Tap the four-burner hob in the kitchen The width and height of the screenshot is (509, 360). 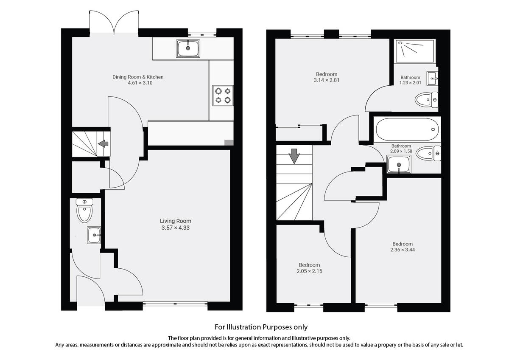(223, 96)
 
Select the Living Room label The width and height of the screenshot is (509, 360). (175, 221)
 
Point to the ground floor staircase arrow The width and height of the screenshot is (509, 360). (103, 144)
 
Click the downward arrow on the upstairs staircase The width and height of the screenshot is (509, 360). (294, 156)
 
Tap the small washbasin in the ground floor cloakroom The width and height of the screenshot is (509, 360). (94, 235)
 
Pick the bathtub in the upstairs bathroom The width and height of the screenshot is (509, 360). (406, 127)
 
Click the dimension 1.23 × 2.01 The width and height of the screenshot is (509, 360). (411, 83)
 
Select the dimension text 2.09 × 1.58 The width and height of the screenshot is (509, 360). (401, 151)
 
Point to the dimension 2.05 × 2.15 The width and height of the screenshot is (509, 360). (309, 271)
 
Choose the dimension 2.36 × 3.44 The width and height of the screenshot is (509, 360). (402, 250)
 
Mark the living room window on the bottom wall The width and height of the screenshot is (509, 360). (175, 304)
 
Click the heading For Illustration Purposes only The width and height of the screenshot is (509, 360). (261, 327)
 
